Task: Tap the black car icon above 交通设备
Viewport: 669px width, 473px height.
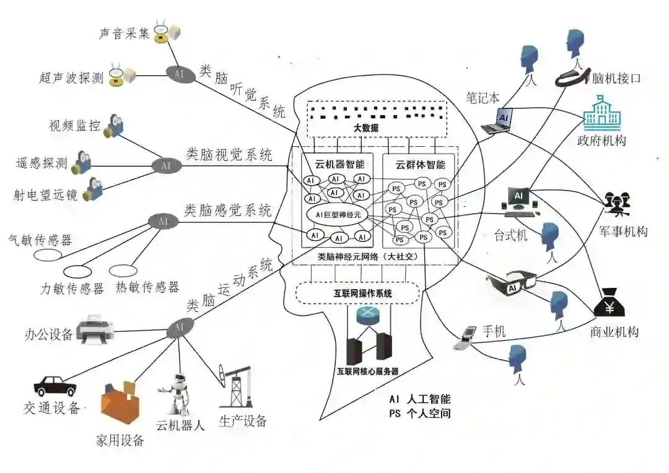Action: (x=55, y=385)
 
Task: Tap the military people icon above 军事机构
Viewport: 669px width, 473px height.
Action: (x=617, y=205)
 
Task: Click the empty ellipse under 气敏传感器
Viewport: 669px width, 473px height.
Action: (x=47, y=254)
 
